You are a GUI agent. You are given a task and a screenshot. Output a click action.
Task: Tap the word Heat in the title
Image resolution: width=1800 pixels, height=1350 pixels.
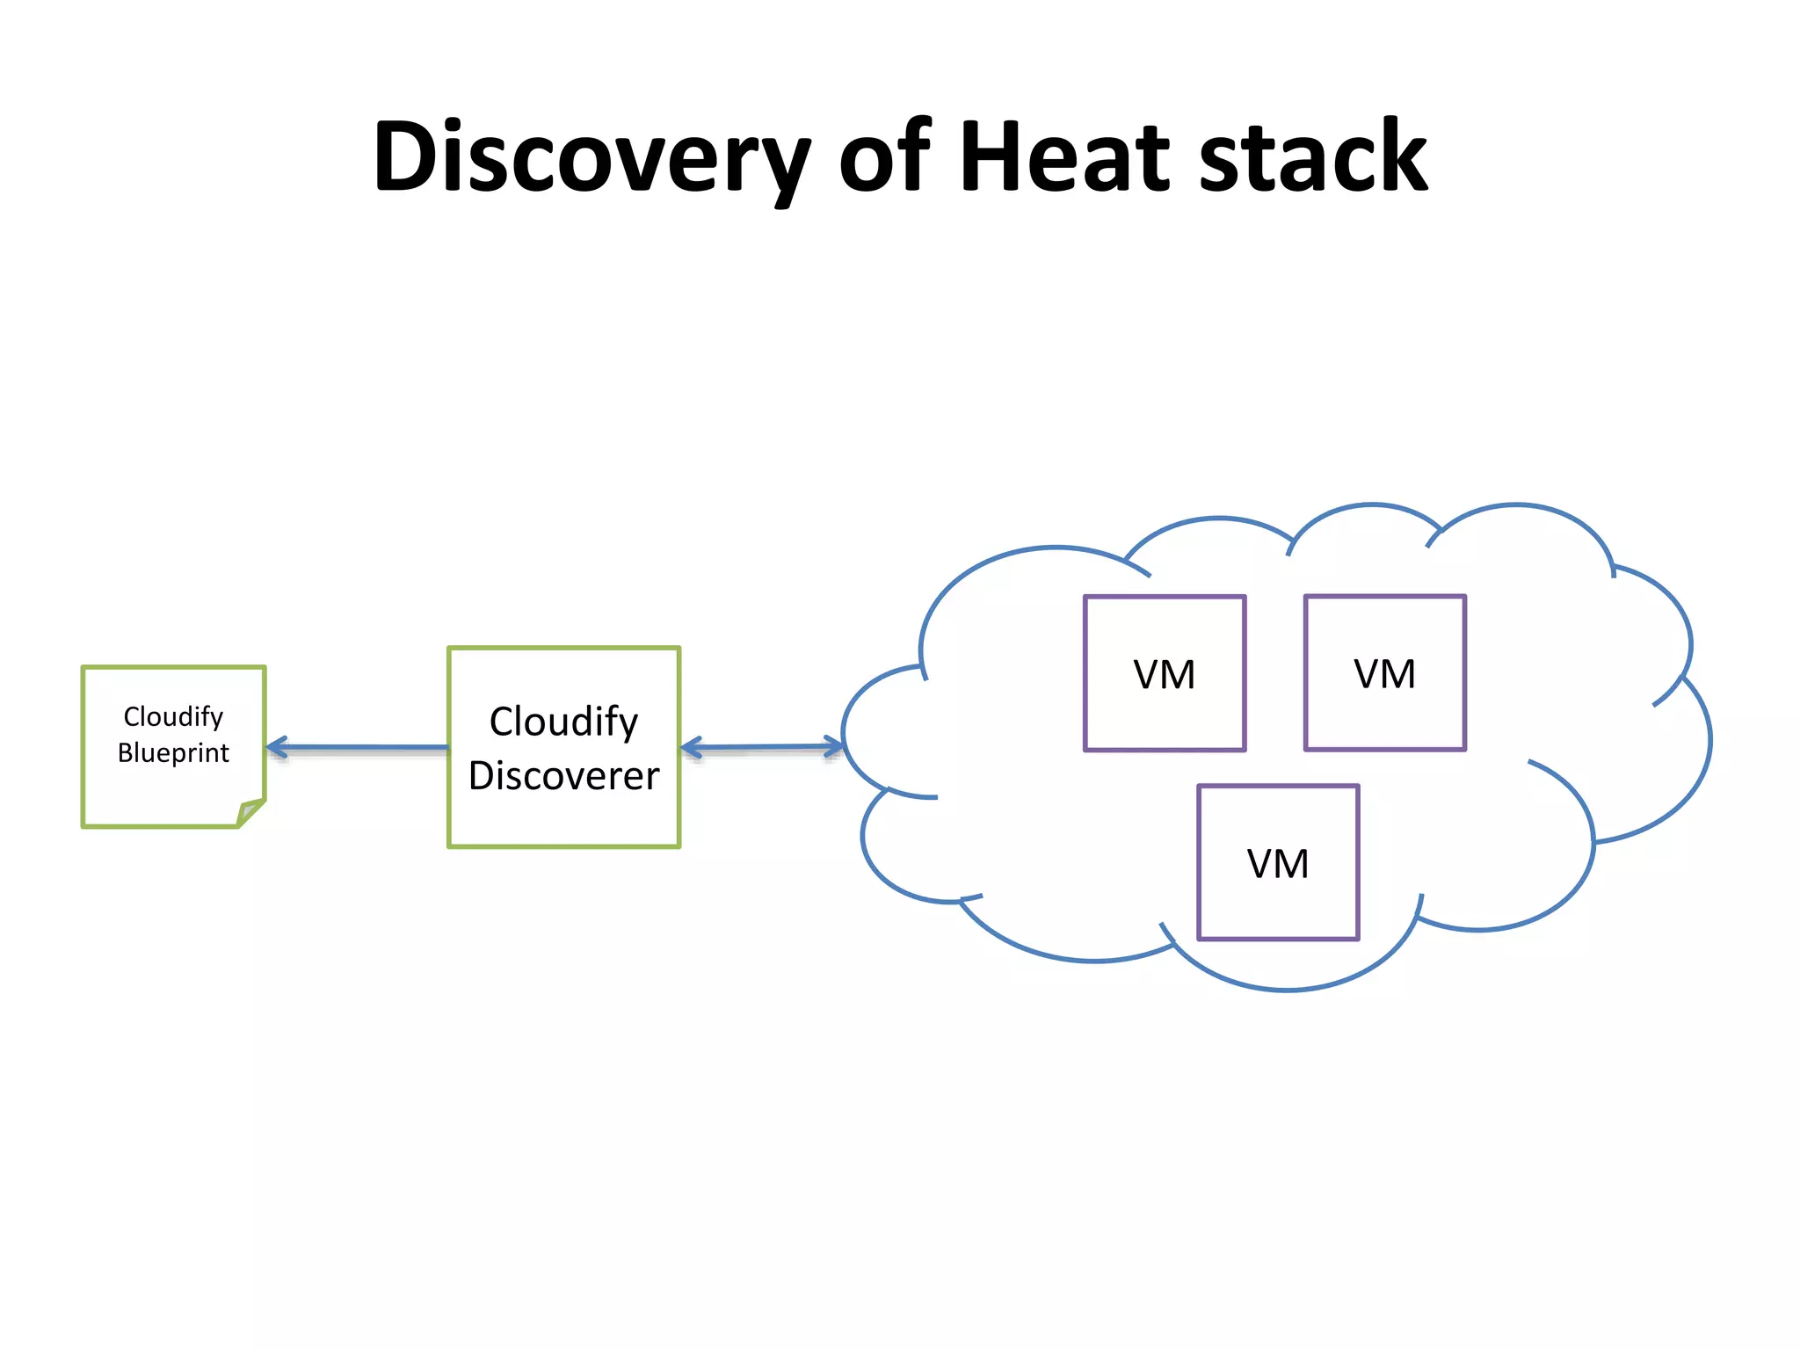point(1064,158)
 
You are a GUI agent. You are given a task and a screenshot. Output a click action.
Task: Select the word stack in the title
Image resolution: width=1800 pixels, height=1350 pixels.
point(1313,158)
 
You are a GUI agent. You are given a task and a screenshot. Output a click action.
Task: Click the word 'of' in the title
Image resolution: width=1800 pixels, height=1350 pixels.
point(883,158)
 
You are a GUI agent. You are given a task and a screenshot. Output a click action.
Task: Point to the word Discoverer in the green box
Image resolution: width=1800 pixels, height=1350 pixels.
point(563,776)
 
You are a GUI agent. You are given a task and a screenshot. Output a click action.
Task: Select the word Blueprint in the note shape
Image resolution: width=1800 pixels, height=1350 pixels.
point(173,753)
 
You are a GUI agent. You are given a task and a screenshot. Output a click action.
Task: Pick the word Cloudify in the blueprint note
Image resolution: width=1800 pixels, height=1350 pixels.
point(173,716)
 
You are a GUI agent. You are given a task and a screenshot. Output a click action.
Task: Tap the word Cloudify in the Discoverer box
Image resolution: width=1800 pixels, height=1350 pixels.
point(563,722)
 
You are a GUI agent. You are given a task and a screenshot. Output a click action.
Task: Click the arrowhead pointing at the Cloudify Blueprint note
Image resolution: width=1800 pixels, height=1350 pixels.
point(276,748)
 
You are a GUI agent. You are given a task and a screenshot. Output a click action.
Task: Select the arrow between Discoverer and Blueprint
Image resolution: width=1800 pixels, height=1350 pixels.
point(360,748)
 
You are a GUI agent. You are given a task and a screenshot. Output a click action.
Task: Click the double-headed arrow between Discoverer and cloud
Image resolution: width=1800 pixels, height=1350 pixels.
point(761,748)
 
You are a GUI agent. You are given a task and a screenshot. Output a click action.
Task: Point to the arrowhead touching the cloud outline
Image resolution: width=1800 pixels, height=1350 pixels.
point(833,747)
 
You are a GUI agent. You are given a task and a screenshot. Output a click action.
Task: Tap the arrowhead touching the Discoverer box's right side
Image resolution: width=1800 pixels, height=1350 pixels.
point(691,749)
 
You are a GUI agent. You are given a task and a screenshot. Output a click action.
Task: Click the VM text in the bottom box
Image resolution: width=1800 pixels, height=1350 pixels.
point(1278,864)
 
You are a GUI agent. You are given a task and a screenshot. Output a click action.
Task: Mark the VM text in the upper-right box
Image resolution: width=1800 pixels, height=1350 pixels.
point(1385,674)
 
